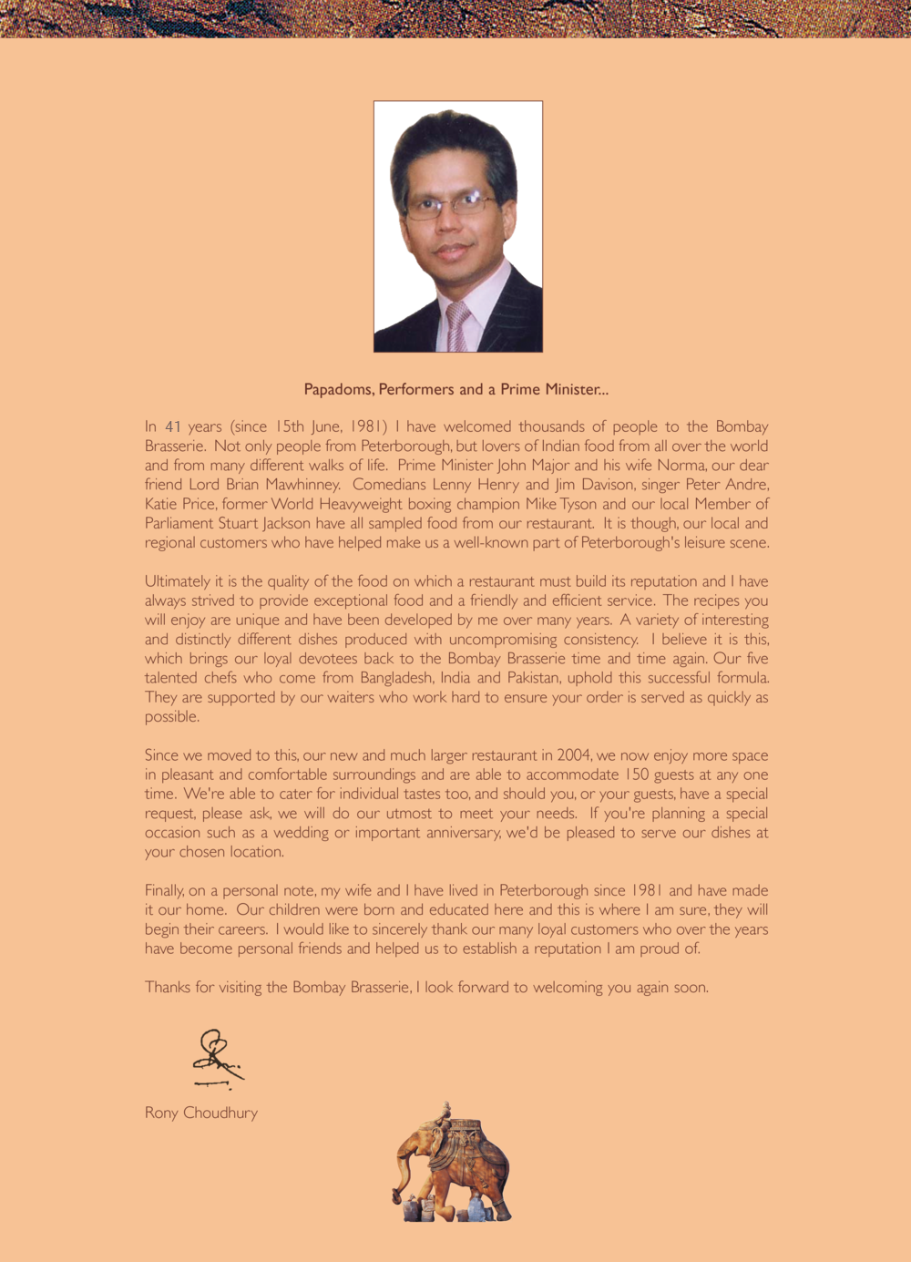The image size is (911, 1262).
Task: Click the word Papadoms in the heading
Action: point(338,390)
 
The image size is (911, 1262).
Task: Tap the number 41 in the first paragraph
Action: point(174,426)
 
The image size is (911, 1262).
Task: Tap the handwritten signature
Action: point(217,1059)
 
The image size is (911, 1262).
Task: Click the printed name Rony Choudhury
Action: point(201,1113)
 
